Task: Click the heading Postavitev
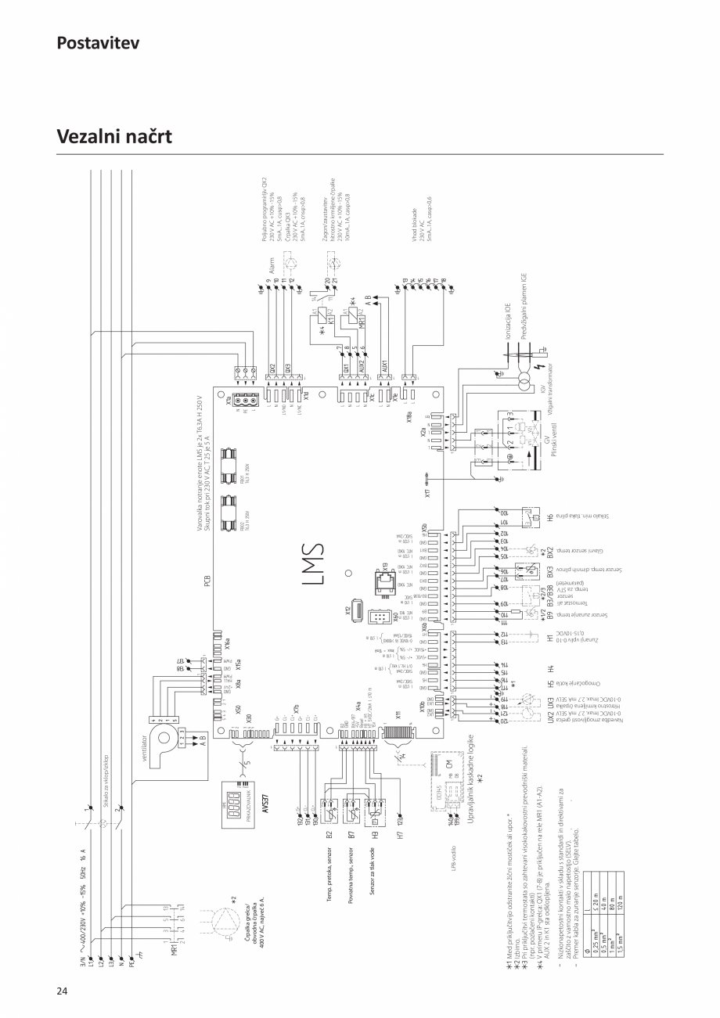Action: [x=98, y=42]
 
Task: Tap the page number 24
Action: [x=63, y=991]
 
